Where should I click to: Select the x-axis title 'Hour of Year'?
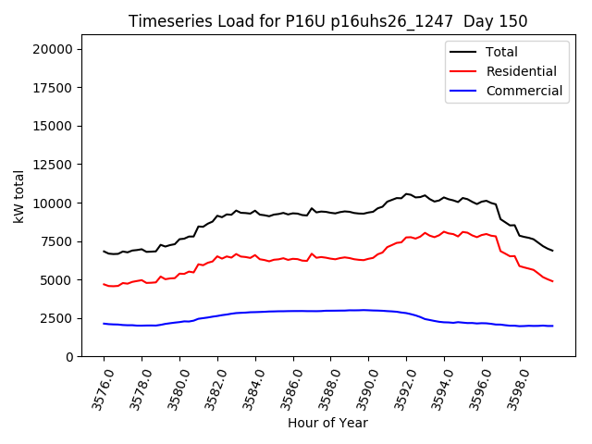[327, 423]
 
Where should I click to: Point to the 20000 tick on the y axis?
[56, 49]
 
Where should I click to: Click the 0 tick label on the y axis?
[70, 357]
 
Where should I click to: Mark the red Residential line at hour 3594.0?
[444, 232]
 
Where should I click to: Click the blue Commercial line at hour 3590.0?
[368, 310]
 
